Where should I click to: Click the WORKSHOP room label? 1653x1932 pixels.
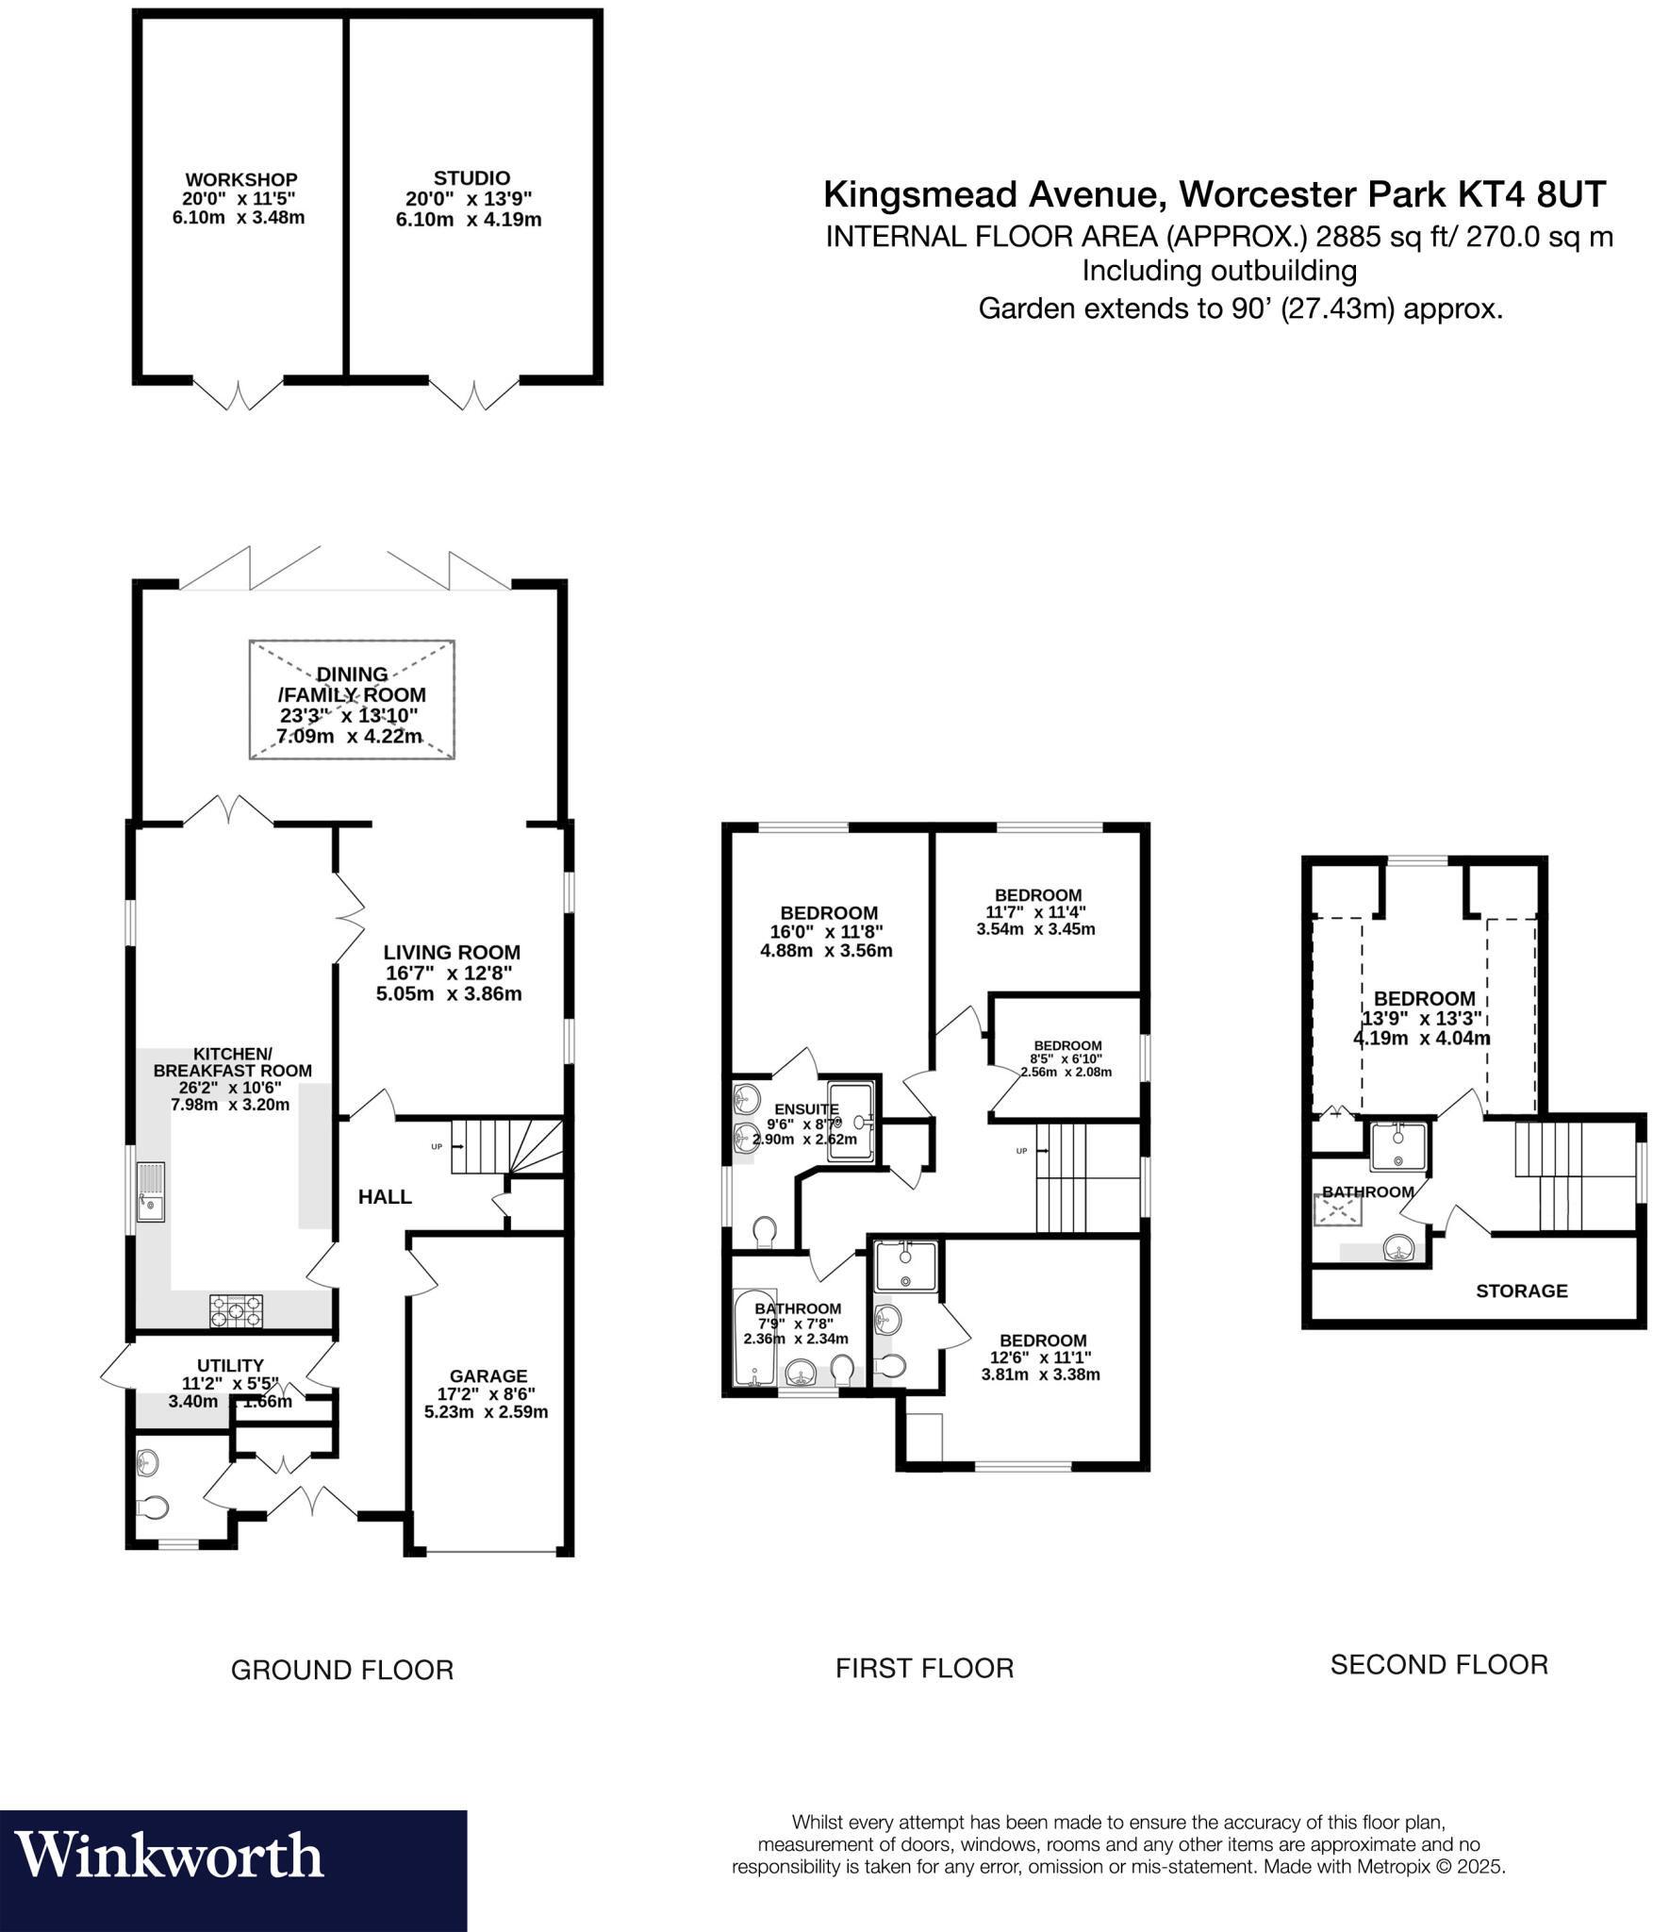click(x=240, y=179)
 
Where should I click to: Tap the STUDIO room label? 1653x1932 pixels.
click(x=471, y=177)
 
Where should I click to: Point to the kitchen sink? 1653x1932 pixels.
click(x=150, y=1192)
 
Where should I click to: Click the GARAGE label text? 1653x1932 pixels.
click(x=488, y=1375)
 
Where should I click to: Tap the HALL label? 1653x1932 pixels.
click(x=385, y=1197)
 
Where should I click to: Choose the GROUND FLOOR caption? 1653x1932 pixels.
click(x=342, y=1671)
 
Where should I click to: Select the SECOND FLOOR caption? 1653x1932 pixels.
click(x=1439, y=1665)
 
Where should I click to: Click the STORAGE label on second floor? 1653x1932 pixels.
click(x=1521, y=1291)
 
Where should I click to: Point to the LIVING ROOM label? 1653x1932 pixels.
click(x=452, y=953)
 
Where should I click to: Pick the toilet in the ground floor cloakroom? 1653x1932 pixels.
click(x=153, y=1507)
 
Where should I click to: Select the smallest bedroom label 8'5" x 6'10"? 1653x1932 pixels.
click(x=1067, y=1058)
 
